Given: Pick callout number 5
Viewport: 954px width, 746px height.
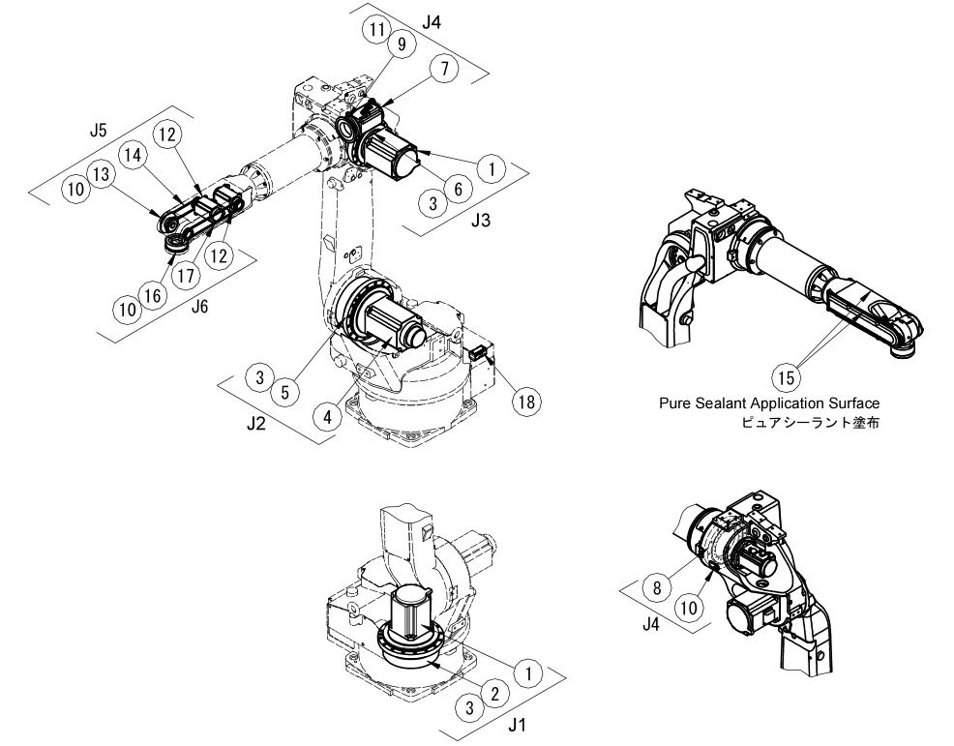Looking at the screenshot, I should click(286, 394).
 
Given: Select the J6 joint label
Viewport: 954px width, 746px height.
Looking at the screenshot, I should click(199, 306).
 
